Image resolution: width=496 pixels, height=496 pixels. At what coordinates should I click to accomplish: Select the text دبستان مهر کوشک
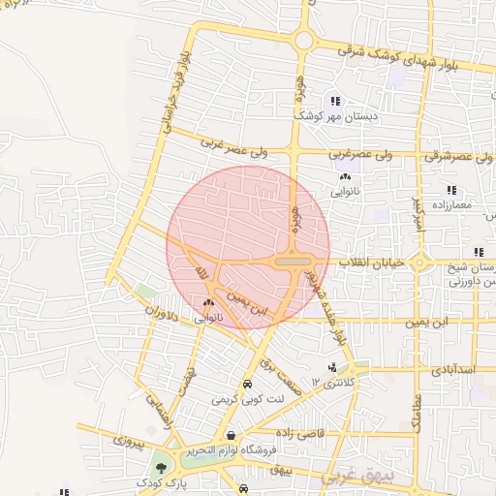[336, 115]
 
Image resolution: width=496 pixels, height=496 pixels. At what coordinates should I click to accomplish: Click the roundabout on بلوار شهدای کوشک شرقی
[304, 41]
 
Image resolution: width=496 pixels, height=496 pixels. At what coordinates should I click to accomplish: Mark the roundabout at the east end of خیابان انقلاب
[419, 263]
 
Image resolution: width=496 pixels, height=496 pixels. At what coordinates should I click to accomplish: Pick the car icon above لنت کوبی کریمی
[247, 384]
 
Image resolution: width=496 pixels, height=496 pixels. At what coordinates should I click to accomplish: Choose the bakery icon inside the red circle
[208, 303]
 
